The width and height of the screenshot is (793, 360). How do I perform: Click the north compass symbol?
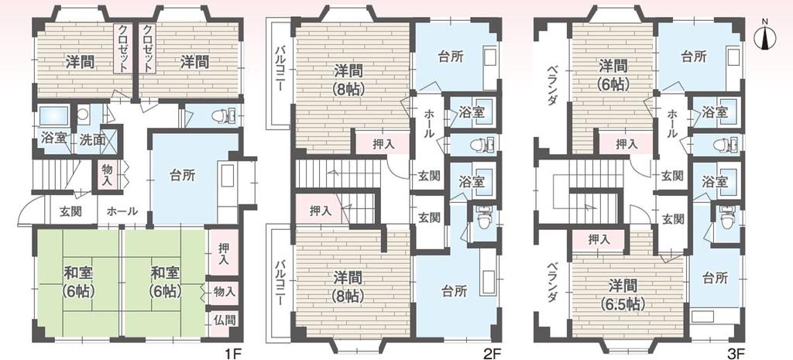764,37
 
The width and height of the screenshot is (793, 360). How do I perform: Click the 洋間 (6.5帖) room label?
623,294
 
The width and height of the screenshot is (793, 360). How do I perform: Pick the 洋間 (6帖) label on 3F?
614,74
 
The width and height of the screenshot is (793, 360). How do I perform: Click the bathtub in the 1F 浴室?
53,117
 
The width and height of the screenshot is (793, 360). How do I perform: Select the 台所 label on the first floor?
182,175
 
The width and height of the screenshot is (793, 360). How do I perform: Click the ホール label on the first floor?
122,211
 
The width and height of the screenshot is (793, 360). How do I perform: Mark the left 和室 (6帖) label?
79,281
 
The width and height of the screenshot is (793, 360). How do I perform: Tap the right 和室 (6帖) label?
166,281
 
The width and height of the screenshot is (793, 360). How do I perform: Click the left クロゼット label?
124,49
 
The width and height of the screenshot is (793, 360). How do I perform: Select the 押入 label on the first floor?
223,255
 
